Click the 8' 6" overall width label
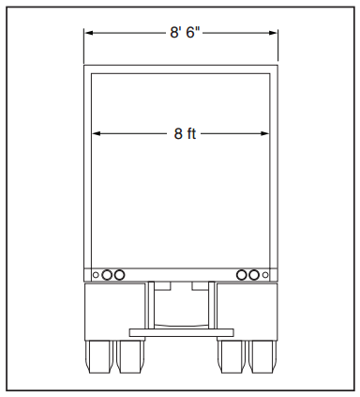click(185, 33)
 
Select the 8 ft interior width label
click(185, 133)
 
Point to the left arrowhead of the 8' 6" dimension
click(89, 33)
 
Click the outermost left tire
click(98, 356)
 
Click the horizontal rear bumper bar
click(180, 331)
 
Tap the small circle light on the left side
click(95, 275)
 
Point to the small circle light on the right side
click(266, 275)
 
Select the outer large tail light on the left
click(107, 275)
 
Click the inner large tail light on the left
click(120, 275)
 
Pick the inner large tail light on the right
click(241, 275)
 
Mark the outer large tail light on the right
click(254, 275)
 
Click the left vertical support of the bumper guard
click(150, 305)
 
